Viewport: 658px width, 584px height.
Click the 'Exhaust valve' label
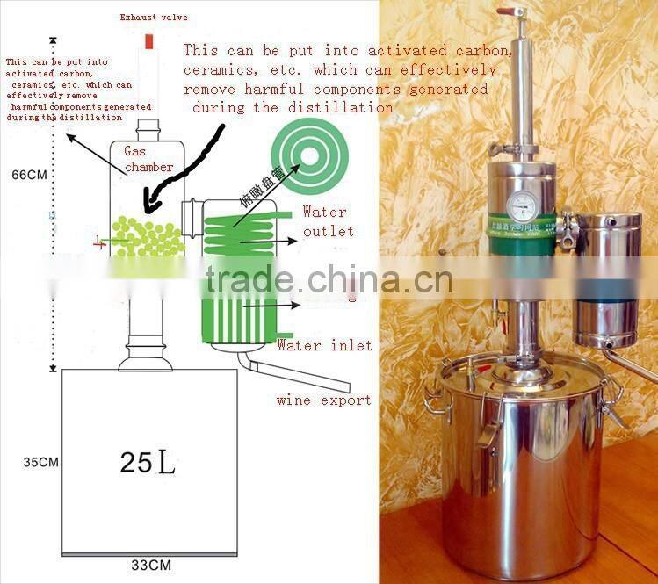tap(154, 17)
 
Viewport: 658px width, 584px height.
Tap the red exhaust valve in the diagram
tap(148, 40)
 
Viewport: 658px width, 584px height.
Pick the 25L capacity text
tap(148, 463)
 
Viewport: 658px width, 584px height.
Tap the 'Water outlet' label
tap(328, 221)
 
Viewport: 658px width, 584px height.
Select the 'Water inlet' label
tap(324, 345)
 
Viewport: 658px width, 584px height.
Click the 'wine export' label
tap(323, 400)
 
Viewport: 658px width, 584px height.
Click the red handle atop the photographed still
tap(507, 12)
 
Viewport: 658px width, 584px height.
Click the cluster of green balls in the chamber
tap(148, 237)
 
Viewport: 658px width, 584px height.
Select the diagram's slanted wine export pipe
tap(299, 372)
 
